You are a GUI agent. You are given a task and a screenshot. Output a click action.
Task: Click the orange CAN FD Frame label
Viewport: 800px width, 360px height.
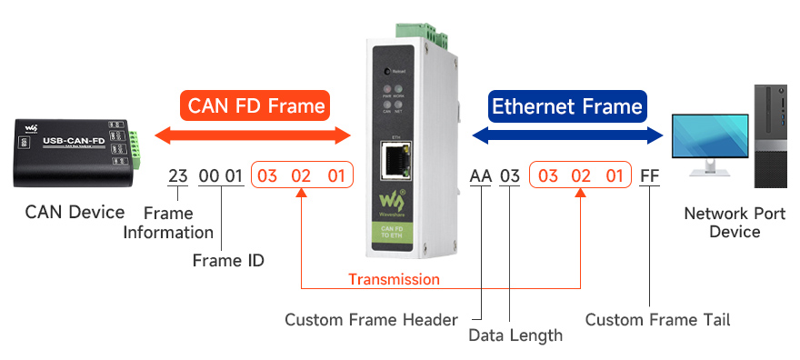pyautogui.click(x=255, y=106)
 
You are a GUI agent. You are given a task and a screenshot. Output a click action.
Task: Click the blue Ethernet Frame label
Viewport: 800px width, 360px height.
pyautogui.click(x=566, y=107)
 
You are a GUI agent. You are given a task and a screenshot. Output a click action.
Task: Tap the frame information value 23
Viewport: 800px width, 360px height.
pyautogui.click(x=177, y=175)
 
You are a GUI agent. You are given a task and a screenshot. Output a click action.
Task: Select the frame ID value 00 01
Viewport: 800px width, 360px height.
pyautogui.click(x=221, y=175)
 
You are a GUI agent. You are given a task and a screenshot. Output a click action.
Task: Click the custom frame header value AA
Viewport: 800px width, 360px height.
pyautogui.click(x=480, y=175)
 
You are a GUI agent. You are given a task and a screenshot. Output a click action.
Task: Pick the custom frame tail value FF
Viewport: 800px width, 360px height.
pyautogui.click(x=649, y=175)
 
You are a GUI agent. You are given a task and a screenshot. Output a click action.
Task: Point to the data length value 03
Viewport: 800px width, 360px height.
pyautogui.click(x=510, y=175)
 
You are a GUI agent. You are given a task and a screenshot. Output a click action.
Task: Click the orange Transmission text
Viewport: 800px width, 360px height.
pyautogui.click(x=394, y=279)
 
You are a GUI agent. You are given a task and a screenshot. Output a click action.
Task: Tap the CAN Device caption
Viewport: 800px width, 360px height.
pyautogui.click(x=75, y=213)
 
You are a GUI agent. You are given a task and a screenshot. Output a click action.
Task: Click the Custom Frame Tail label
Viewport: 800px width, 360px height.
pyautogui.click(x=657, y=320)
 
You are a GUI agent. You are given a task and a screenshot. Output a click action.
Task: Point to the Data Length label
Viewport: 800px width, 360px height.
pyautogui.click(x=515, y=335)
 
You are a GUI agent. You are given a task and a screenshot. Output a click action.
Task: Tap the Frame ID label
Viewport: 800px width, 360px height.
pyautogui.click(x=228, y=261)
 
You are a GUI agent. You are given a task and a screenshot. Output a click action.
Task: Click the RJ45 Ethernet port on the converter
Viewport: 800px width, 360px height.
pyautogui.click(x=395, y=162)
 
